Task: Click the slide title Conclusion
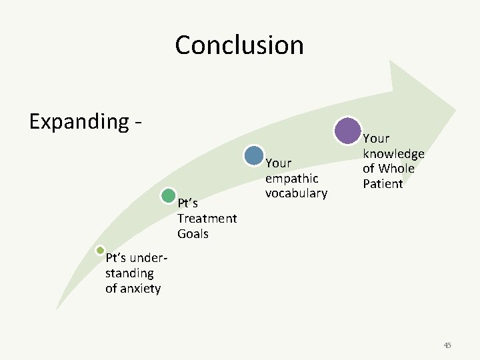coord(239,45)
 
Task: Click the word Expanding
coord(79,122)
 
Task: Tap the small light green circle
coord(100,251)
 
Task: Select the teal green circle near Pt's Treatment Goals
coord(169,195)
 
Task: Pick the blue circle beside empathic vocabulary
coord(254,155)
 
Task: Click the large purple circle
coord(347,131)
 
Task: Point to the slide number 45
coord(447,345)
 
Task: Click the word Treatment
coord(207,219)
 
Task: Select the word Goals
coord(193,234)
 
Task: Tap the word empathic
coord(292,179)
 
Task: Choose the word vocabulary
coord(296,193)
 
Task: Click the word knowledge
coord(393,154)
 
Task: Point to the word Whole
coord(397,169)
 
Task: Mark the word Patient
coord(383,183)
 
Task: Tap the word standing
coord(129,273)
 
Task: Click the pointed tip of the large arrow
coord(455,109)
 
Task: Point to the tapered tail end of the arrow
coord(57,308)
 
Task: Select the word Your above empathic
coord(279,163)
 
